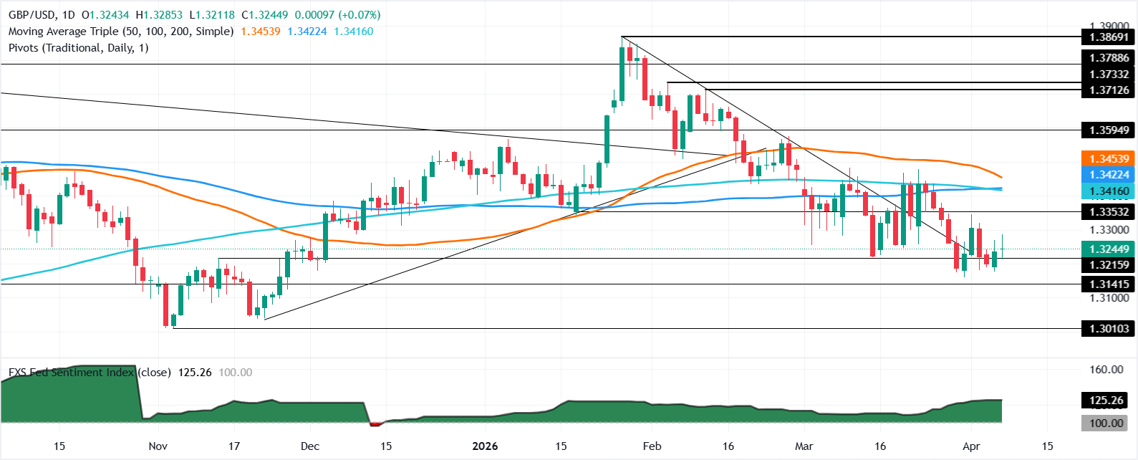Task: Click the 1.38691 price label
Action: coord(1109,37)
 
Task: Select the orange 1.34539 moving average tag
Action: coord(1109,159)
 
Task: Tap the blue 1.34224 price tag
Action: coord(1109,175)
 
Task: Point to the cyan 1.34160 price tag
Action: coord(1109,191)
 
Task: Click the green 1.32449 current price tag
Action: coord(1109,249)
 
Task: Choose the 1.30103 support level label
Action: coord(1109,329)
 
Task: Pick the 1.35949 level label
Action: coord(1109,130)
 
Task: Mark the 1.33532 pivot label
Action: coord(1109,212)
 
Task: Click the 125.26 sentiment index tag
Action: coord(1106,401)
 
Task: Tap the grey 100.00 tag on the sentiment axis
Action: coord(1106,423)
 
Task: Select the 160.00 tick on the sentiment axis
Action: coord(1106,370)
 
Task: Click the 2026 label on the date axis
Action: coord(485,446)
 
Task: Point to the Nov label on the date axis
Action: coord(158,446)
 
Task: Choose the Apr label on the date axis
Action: coord(971,446)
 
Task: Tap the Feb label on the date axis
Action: coord(652,446)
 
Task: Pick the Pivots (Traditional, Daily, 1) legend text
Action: coord(78,48)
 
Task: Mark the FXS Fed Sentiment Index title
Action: coord(71,373)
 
